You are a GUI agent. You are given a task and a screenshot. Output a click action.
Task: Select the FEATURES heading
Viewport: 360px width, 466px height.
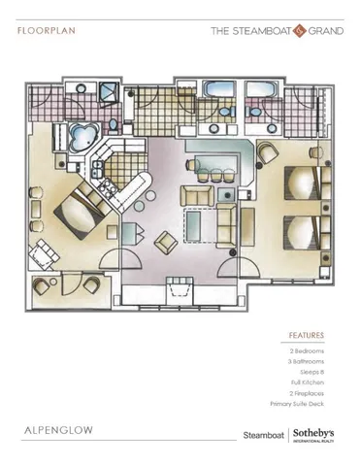tap(306, 335)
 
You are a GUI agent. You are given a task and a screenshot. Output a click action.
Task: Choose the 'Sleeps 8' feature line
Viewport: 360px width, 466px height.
tap(312, 371)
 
